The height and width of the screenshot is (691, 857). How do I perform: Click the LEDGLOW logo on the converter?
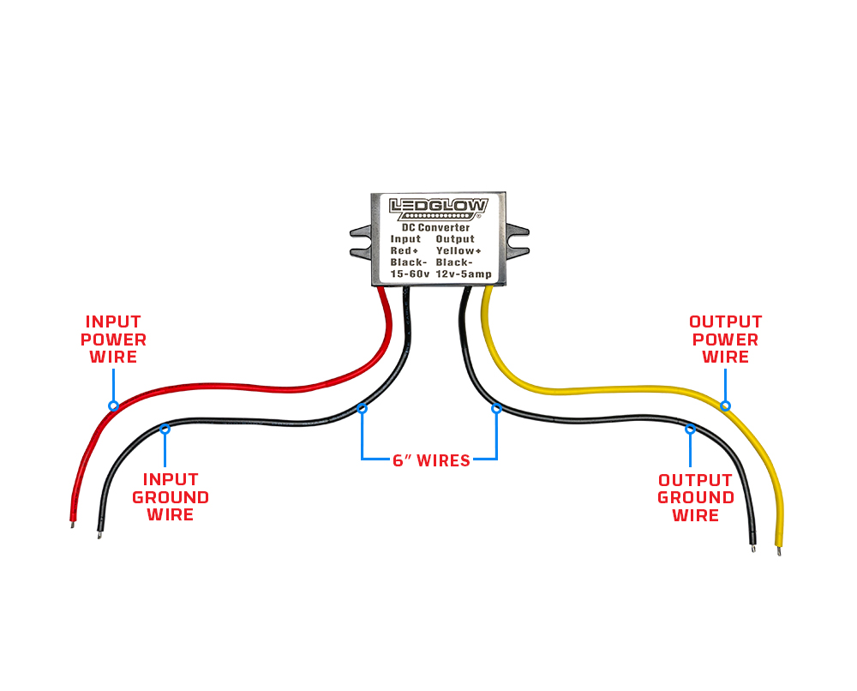[x=438, y=207]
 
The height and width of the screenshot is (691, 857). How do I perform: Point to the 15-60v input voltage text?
[x=408, y=273]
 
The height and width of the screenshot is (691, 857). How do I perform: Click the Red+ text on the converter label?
[x=405, y=250]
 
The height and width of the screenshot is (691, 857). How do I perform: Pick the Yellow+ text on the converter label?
[x=460, y=250]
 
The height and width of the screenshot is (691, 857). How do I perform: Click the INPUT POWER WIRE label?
[x=113, y=339]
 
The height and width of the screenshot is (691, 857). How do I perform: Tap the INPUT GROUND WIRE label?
[x=170, y=496]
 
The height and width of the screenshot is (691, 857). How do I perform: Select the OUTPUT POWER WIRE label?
[x=725, y=339]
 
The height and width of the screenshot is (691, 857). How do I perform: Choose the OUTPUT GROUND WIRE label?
[x=695, y=497]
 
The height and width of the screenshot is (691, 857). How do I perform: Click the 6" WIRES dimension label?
[x=431, y=460]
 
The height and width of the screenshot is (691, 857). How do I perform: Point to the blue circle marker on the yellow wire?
[x=725, y=406]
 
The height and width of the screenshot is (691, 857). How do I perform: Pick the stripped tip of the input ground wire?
[x=100, y=535]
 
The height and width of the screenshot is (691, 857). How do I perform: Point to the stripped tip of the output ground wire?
[x=753, y=546]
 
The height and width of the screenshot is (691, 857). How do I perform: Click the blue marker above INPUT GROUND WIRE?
[x=165, y=426]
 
